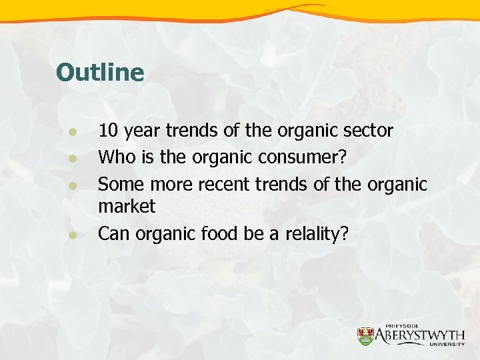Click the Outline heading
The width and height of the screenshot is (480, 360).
point(100,73)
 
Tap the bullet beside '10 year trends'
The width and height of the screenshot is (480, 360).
point(75,131)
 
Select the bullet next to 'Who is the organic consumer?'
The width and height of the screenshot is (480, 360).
point(75,159)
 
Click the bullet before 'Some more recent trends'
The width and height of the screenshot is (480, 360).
point(75,185)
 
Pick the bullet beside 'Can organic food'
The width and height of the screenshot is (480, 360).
point(75,234)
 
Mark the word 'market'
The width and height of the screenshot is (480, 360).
point(127,207)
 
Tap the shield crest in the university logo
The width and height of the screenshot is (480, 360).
point(366,335)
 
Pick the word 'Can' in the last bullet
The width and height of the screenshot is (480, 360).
point(114,234)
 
